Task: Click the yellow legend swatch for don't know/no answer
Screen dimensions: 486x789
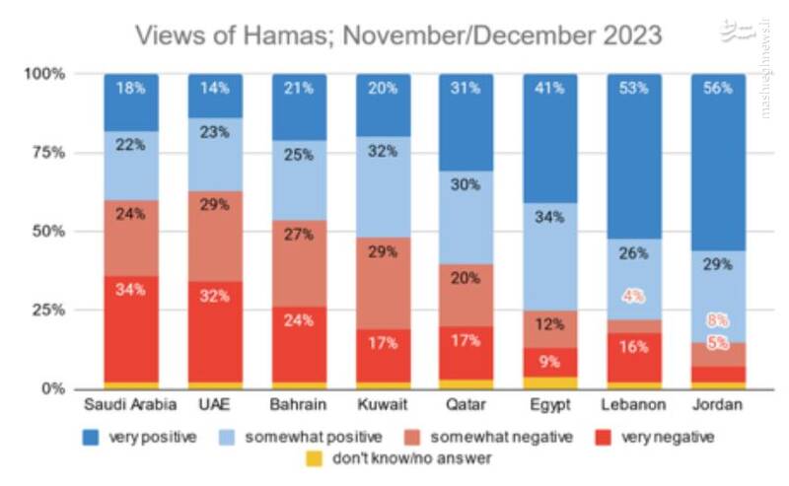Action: pyautogui.click(x=314, y=457)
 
